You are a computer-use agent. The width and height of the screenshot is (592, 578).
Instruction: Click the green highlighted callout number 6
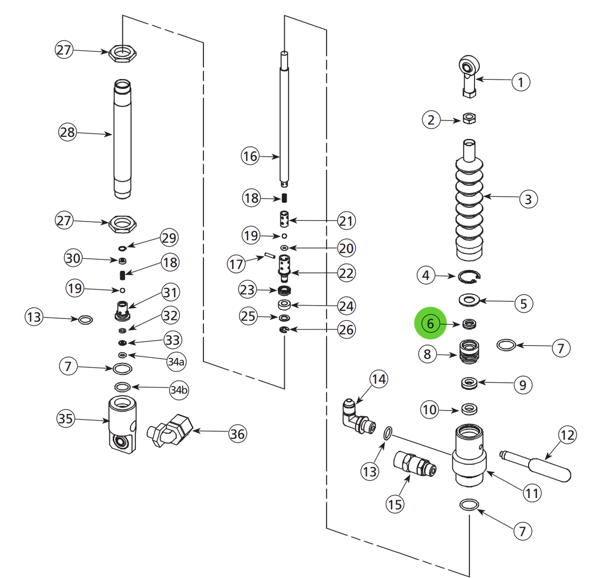click(430, 324)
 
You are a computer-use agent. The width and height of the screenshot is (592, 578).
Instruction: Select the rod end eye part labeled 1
click(469, 74)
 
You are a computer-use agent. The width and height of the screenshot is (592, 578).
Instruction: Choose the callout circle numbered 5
click(523, 304)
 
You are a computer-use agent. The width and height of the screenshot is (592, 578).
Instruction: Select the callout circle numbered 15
click(395, 503)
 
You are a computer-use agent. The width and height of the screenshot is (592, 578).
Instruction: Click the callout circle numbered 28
click(67, 132)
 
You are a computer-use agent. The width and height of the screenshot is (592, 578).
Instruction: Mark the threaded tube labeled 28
click(122, 139)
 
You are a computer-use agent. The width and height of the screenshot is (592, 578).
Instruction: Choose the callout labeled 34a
click(176, 362)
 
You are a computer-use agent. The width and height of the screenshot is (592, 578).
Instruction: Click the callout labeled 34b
click(178, 390)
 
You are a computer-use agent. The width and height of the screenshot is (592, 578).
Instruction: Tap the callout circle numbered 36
click(237, 433)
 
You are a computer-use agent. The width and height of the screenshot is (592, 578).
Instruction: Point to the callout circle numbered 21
click(346, 221)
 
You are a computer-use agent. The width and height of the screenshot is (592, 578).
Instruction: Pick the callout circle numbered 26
click(346, 330)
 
